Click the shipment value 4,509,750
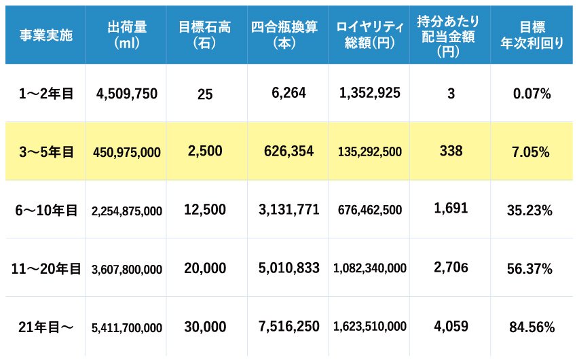pyautogui.click(x=127, y=94)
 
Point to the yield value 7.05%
pyautogui.click(x=532, y=152)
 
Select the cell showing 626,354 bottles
pyautogui.click(x=288, y=151)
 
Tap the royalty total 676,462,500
pyautogui.click(x=370, y=211)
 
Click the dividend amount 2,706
pyautogui.click(x=451, y=268)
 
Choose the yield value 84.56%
pyautogui.click(x=532, y=327)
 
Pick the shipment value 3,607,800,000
pyautogui.click(x=127, y=269)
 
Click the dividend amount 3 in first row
pyautogui.click(x=451, y=94)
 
